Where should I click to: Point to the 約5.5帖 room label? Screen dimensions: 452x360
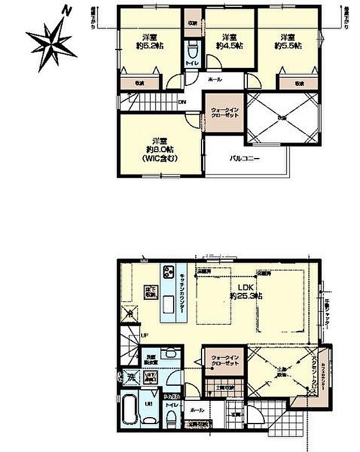289,45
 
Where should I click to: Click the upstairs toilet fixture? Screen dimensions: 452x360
192,48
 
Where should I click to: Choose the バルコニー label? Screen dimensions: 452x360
244,157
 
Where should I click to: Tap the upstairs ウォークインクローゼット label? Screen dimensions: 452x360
224,113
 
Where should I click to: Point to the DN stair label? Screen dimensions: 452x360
182,103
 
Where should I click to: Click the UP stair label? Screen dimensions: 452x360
144,335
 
